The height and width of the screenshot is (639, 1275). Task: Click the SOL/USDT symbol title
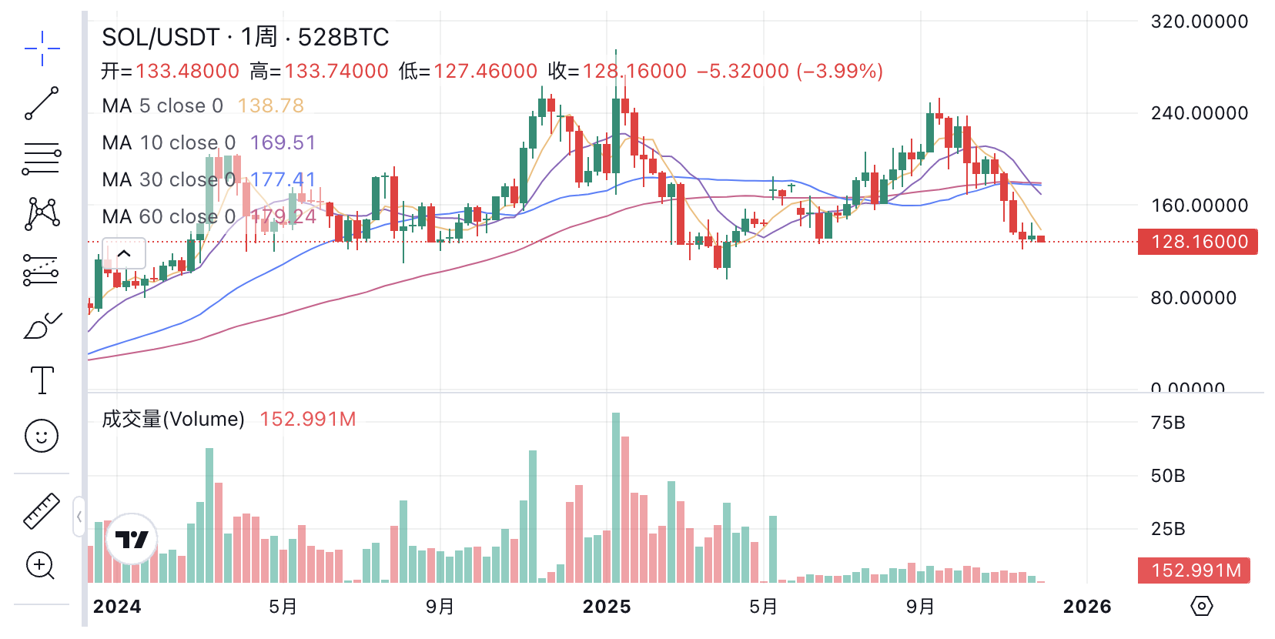click(160, 37)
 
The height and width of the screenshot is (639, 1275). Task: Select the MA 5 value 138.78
click(270, 105)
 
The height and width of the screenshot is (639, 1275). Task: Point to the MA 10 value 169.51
click(283, 142)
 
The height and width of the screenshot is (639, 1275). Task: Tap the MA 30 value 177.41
click(283, 179)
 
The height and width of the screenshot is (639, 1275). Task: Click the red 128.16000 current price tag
click(1198, 242)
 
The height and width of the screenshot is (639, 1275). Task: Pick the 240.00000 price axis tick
click(1199, 113)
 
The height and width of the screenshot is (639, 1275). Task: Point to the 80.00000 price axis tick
click(1193, 298)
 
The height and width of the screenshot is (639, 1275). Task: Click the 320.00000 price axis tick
click(1199, 22)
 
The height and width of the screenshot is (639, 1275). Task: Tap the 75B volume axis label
click(1167, 423)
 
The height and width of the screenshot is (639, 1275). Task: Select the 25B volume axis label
click(1167, 529)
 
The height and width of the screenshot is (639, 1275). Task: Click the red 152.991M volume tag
click(1195, 570)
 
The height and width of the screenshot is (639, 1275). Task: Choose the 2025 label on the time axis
click(607, 607)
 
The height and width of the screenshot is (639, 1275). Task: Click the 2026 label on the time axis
click(1086, 607)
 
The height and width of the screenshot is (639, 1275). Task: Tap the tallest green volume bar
click(616, 497)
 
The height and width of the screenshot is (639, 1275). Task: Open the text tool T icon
click(42, 380)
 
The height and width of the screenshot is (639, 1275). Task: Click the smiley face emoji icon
click(42, 436)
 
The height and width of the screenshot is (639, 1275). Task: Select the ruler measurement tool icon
click(42, 510)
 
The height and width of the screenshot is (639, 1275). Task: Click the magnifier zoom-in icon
click(41, 566)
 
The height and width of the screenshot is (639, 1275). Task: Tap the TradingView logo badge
click(132, 539)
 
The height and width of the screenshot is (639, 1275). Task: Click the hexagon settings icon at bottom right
click(1201, 606)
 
